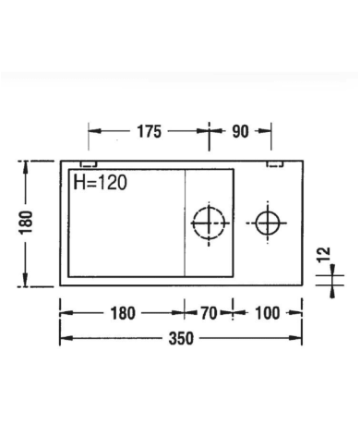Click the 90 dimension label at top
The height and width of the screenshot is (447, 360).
(x=240, y=131)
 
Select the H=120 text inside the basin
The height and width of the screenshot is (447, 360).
(x=100, y=182)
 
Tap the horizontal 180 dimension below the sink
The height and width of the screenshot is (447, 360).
(x=121, y=312)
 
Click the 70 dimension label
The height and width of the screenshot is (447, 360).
(x=208, y=312)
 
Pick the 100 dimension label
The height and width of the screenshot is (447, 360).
(x=266, y=312)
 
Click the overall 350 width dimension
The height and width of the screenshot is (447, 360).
(x=181, y=338)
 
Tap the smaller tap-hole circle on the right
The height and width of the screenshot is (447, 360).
(x=268, y=223)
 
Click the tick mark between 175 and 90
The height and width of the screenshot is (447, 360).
(x=210, y=131)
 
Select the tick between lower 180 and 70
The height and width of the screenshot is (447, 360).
(x=184, y=312)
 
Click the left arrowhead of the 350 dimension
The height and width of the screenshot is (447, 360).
(x=64, y=338)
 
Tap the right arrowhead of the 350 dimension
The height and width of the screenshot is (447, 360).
(x=298, y=338)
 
